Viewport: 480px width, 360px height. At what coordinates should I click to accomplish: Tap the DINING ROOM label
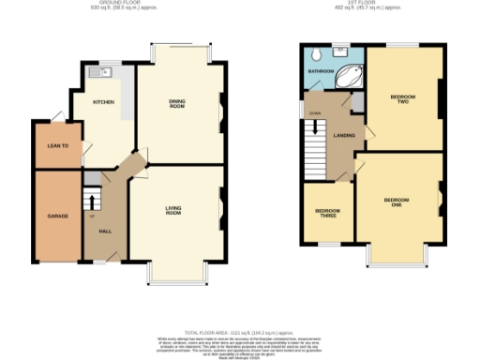point(175,105)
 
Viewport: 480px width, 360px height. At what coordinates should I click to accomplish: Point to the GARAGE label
point(58,216)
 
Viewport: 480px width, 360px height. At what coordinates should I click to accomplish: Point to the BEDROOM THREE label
point(326,213)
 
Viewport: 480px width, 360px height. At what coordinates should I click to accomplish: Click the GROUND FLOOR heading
point(120,5)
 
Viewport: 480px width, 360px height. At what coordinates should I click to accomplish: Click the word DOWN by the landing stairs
point(315,113)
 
